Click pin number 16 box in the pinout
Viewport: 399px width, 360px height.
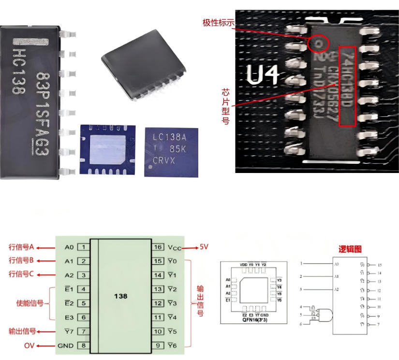158,247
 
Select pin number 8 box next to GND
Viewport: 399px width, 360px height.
84,345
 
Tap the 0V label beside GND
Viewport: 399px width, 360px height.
30,345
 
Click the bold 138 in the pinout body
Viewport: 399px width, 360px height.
120,296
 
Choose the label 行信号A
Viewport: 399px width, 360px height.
22,247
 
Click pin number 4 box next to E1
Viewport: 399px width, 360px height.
84,289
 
